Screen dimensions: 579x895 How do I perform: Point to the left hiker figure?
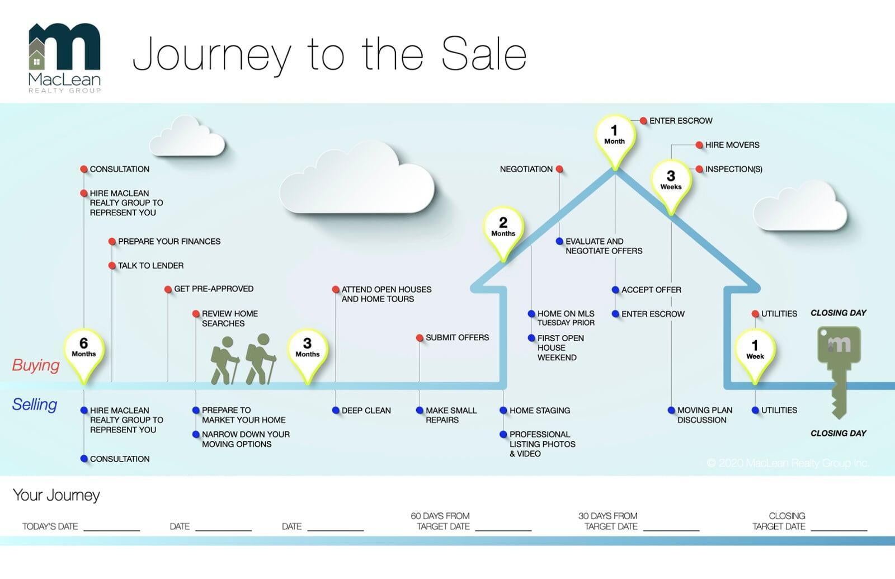(225, 360)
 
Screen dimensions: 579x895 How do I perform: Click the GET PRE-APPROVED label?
(214, 289)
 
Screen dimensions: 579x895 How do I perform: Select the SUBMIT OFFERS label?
(457, 338)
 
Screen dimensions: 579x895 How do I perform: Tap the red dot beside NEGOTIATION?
(559, 169)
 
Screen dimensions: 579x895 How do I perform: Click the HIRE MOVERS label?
(732, 145)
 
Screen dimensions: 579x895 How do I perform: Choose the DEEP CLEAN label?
(366, 411)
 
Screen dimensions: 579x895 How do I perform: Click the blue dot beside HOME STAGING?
(503, 411)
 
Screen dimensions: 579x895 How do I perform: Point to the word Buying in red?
(36, 365)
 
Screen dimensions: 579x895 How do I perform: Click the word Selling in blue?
(35, 404)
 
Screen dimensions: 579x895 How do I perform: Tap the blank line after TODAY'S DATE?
(112, 527)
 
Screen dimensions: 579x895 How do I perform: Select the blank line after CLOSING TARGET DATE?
(839, 527)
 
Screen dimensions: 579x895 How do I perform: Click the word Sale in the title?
(484, 54)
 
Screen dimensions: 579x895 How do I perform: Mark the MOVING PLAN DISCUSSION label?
(704, 415)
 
